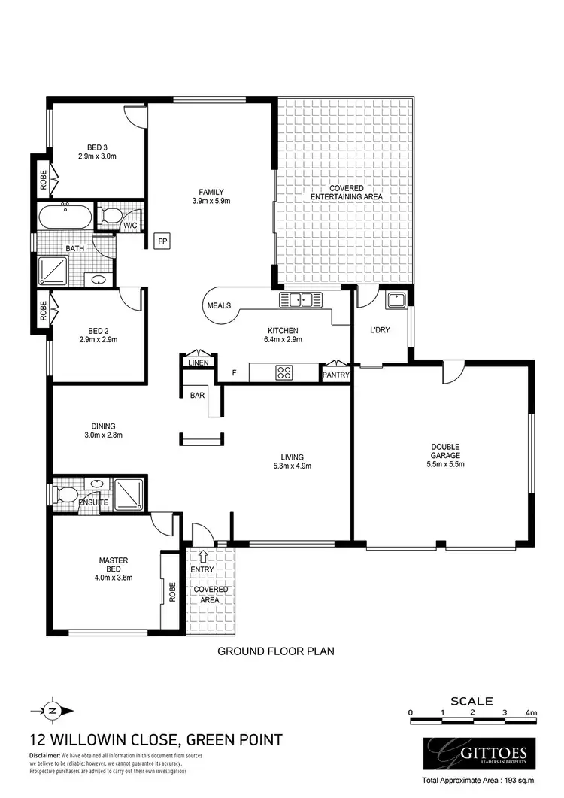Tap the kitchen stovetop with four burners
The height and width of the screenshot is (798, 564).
[x=285, y=372]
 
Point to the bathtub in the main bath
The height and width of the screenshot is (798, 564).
[x=65, y=217]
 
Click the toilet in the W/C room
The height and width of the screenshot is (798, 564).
[x=112, y=217]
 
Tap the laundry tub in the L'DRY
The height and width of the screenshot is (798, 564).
[x=396, y=302]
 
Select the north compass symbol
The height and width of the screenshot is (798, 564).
[x=51, y=709]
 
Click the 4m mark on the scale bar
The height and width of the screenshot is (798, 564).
[x=532, y=712]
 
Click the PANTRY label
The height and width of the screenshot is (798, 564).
[x=335, y=375]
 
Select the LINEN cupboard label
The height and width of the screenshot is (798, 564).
[x=198, y=363]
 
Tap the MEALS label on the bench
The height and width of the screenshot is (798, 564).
[x=219, y=305]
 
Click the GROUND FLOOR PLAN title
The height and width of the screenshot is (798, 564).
[x=275, y=651]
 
